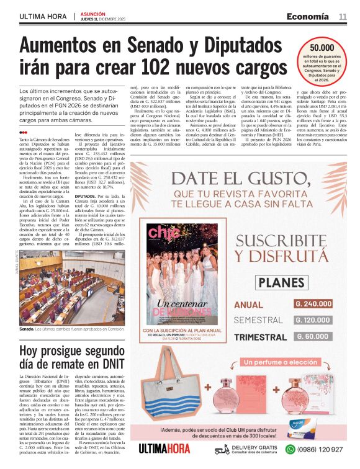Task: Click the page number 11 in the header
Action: pos(342,17)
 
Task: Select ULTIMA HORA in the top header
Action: pos(43,17)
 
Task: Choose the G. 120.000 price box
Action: pos(313,320)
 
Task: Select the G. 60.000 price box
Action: pos(313,336)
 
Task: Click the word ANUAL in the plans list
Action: pos(249,305)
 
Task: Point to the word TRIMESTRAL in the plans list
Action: pos(259,336)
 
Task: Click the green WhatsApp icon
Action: pos(290,449)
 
